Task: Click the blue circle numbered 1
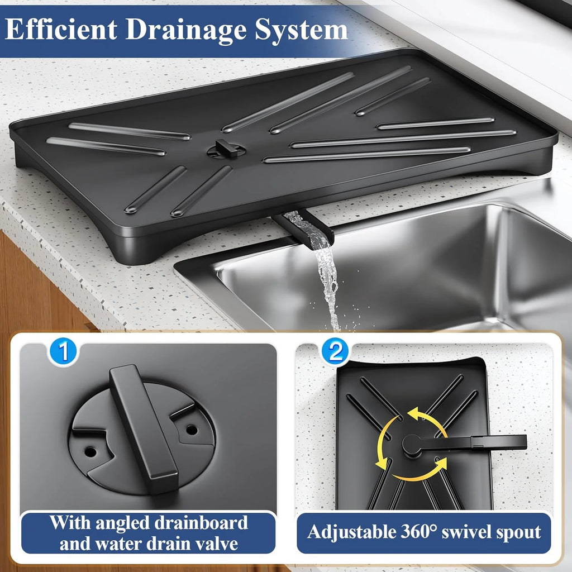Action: (x=64, y=352)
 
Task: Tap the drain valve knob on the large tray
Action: (x=226, y=149)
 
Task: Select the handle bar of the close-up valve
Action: (x=143, y=428)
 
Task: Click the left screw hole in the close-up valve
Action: (x=89, y=449)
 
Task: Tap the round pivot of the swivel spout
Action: (x=412, y=445)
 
